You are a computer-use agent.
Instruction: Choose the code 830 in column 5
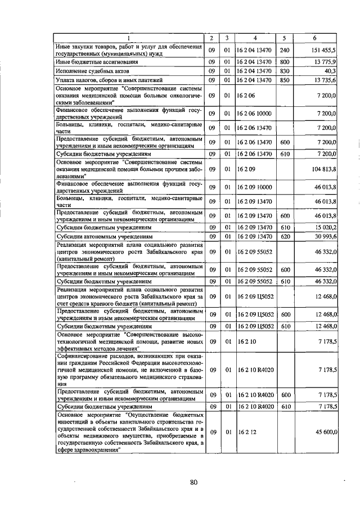tap(284, 71)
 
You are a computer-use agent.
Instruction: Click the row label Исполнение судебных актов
tap(92, 71)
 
